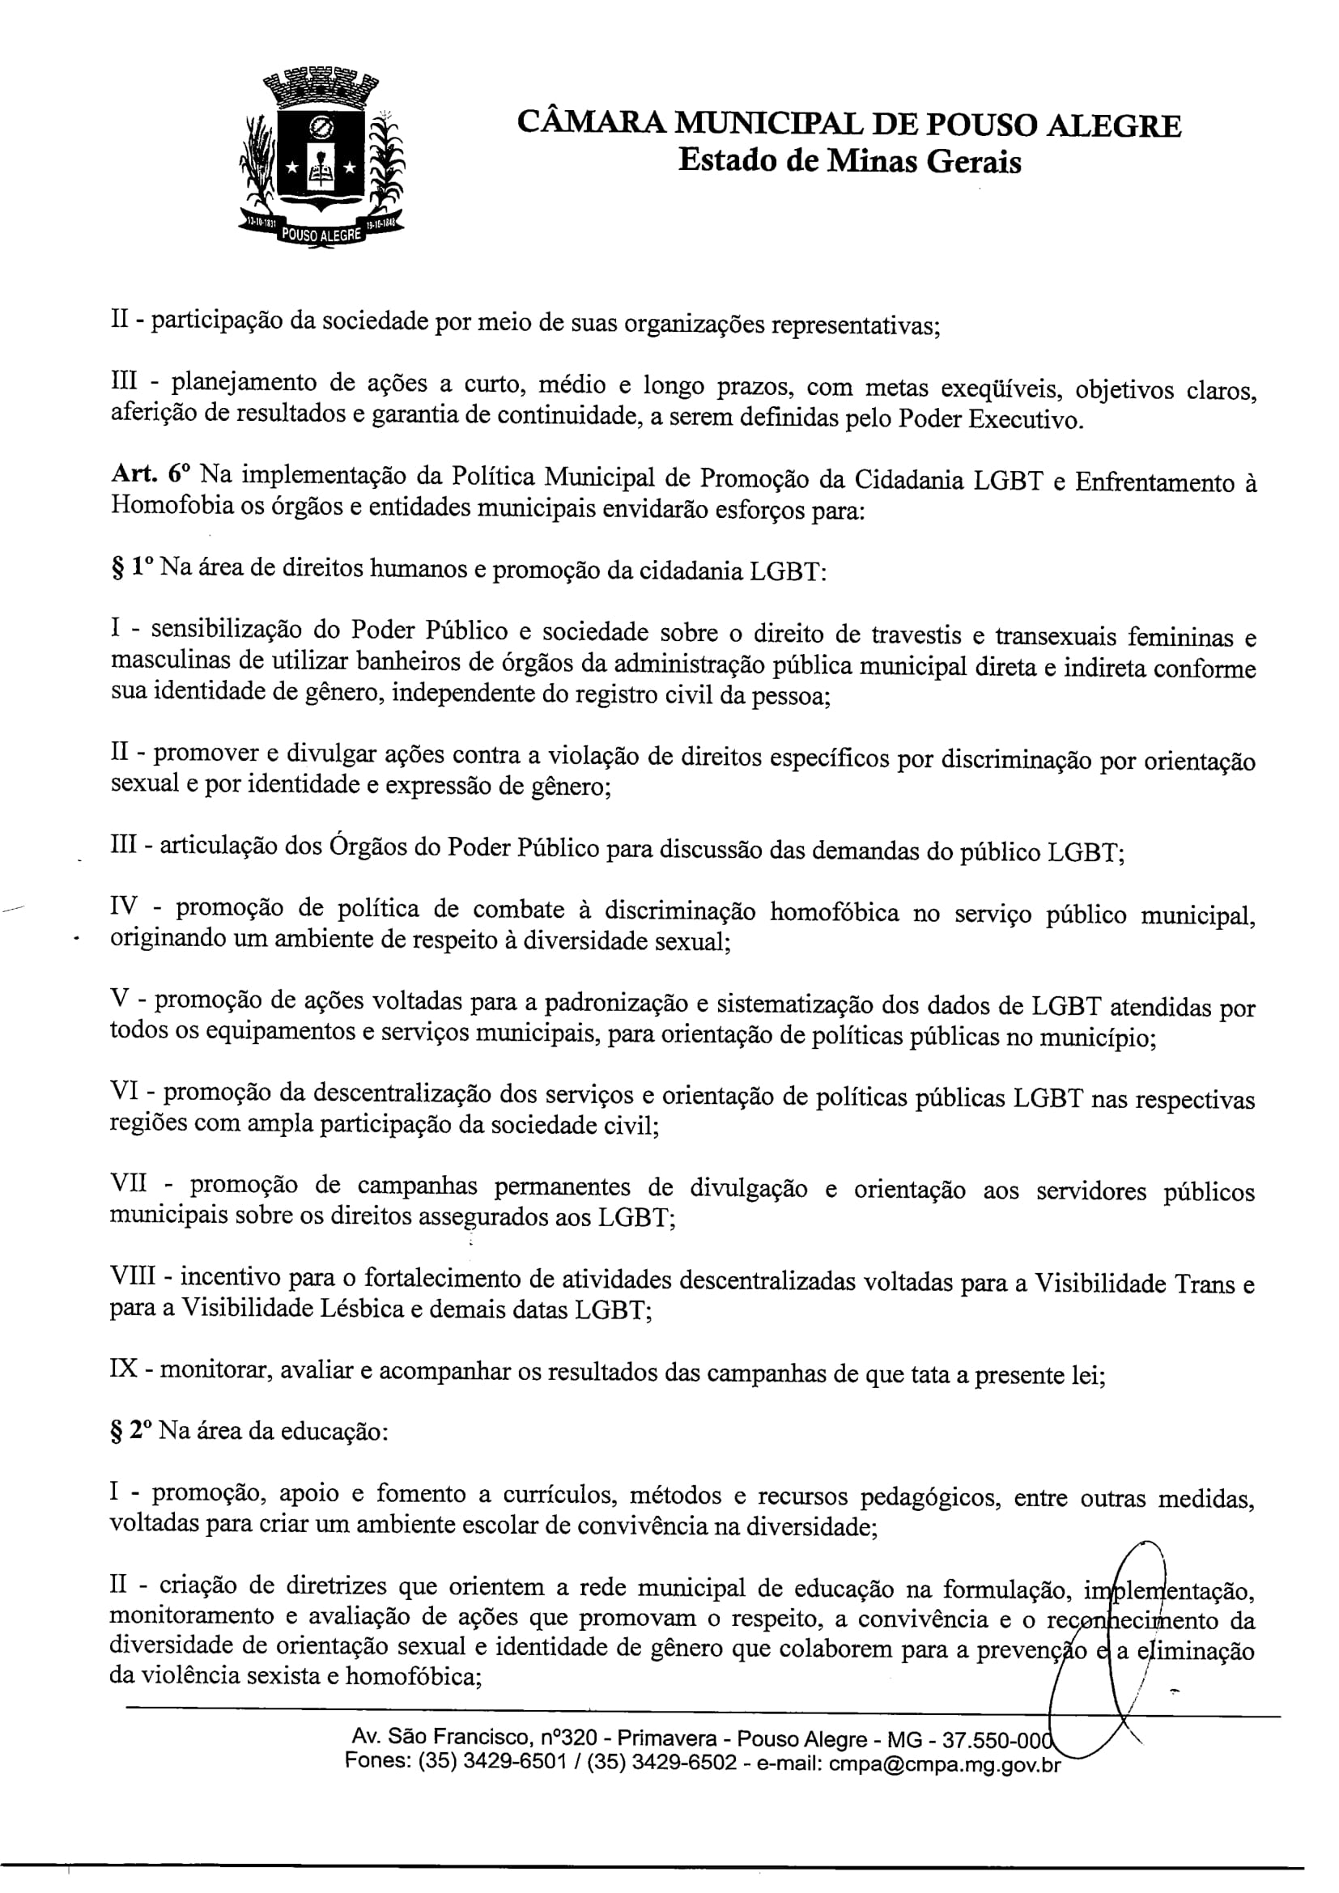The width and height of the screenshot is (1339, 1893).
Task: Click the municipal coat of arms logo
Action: click(321, 157)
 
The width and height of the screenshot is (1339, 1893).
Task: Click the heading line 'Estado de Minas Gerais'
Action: click(849, 161)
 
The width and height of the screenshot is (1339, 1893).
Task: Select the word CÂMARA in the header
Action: click(589, 125)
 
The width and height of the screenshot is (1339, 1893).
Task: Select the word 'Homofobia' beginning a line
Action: click(167, 505)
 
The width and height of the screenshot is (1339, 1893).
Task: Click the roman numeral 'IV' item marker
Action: click(125, 907)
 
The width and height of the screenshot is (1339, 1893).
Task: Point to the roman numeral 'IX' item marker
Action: click(125, 1369)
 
